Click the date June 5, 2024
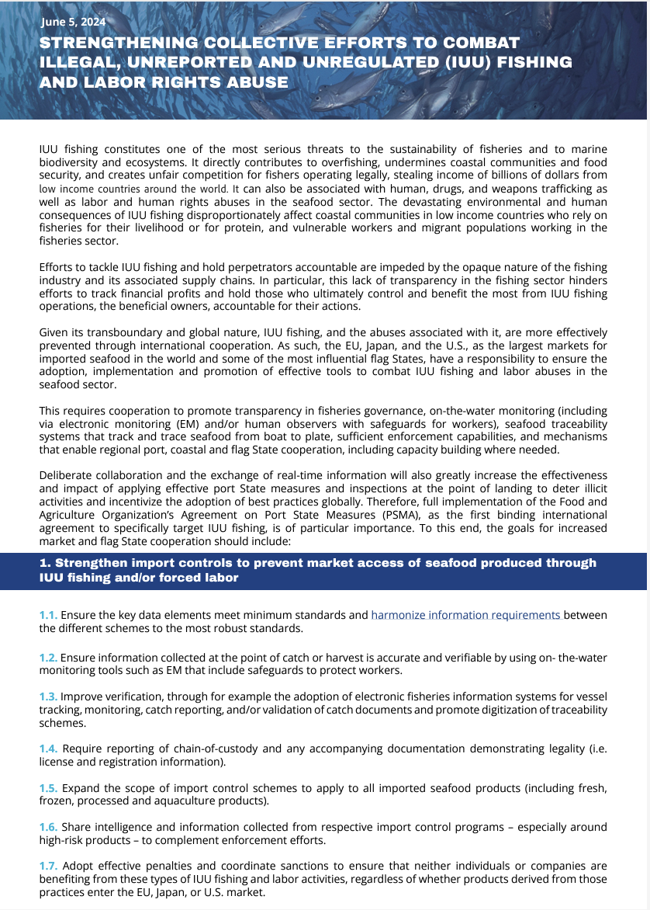pyautogui.click(x=74, y=23)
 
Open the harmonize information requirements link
pyautogui.click(x=465, y=616)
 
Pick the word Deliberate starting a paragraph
pyautogui.click(x=66, y=475)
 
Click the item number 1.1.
pyautogui.click(x=48, y=616)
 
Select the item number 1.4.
pyautogui.click(x=49, y=748)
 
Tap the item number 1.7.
pyautogui.click(x=49, y=865)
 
